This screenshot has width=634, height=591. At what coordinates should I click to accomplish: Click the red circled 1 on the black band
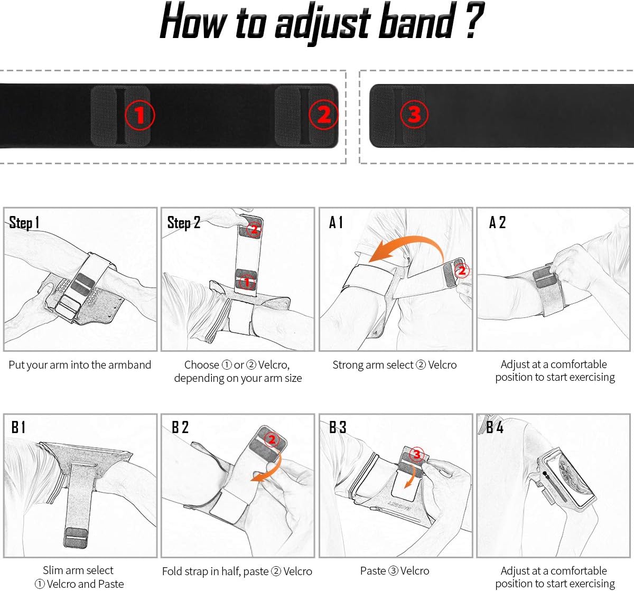click(x=139, y=115)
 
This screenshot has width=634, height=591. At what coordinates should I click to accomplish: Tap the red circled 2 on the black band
click(x=324, y=115)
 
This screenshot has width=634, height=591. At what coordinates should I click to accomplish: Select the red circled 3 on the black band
click(x=414, y=114)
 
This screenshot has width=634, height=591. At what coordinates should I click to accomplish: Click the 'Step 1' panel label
click(x=24, y=222)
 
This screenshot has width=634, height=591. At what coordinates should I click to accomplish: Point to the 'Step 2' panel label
click(x=183, y=222)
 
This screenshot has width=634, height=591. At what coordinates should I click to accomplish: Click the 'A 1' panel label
click(x=336, y=222)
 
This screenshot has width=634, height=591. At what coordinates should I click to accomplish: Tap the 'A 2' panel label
click(x=497, y=222)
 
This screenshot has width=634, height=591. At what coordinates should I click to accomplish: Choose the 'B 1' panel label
click(x=18, y=427)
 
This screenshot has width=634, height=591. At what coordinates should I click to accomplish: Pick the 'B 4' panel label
click(x=495, y=427)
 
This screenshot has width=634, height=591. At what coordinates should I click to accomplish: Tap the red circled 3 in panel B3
click(x=417, y=454)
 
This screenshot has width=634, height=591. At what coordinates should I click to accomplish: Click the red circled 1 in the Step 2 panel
click(x=247, y=282)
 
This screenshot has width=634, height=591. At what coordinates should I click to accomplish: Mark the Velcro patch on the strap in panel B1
click(x=76, y=538)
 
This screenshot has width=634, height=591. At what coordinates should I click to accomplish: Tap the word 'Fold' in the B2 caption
click(x=172, y=571)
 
